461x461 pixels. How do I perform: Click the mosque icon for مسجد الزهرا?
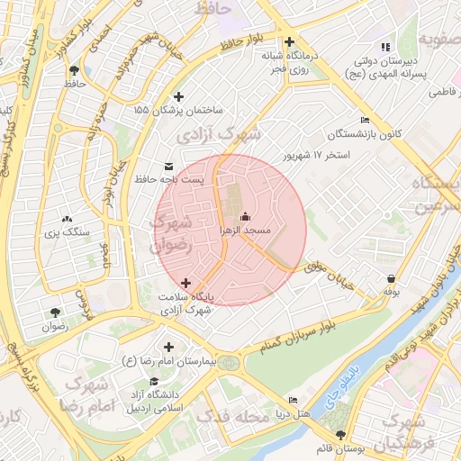point(246,217)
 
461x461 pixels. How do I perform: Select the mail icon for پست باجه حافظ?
point(169,166)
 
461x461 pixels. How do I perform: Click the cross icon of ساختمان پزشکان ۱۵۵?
point(178,96)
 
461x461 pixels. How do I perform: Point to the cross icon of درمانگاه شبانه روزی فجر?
point(289,41)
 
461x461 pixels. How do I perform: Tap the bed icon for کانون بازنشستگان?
point(365,120)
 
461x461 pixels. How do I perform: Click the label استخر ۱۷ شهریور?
point(316,155)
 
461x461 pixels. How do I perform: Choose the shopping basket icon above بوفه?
point(391,278)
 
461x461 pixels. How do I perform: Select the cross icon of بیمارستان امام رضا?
point(168,347)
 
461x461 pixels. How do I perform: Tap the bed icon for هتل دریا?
point(292,400)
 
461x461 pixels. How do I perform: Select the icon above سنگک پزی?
point(66,219)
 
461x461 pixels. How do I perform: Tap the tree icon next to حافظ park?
point(73,69)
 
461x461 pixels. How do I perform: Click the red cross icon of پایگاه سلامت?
point(186,283)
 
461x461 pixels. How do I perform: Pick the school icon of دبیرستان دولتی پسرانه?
point(385,47)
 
